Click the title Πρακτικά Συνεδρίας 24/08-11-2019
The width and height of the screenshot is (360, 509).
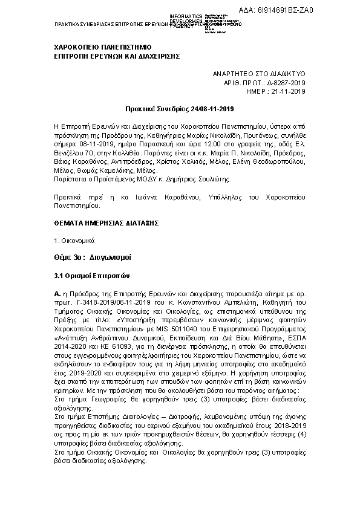click(x=179, y=109)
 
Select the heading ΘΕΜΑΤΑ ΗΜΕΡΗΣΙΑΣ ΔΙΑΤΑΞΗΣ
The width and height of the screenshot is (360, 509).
click(x=98, y=223)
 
